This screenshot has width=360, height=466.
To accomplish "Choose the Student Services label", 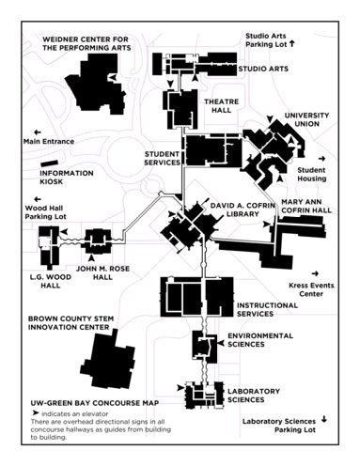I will click(162, 158).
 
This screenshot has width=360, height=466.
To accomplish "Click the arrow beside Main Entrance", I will click(37, 132).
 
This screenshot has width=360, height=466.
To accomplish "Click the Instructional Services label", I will click(269, 309).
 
